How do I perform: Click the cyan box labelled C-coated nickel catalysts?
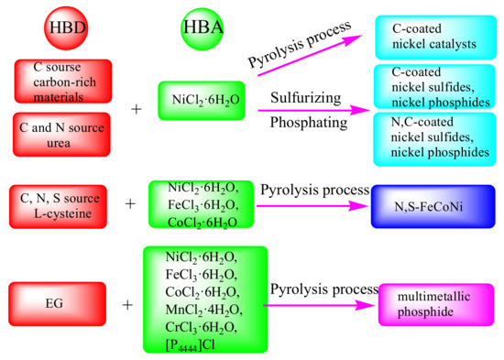point(429,34)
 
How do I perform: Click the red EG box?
point(62,302)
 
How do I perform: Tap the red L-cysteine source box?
point(62,204)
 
